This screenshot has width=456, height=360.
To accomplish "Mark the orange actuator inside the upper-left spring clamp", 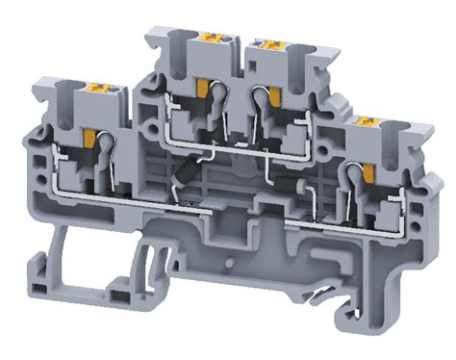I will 203,89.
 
